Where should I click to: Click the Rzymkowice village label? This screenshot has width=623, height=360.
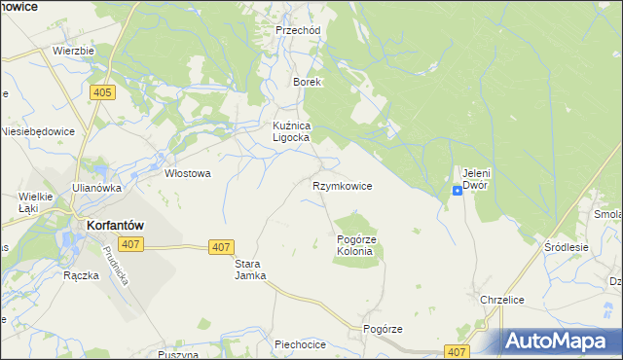point(342,185)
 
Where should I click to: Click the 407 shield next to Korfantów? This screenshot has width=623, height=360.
point(128,244)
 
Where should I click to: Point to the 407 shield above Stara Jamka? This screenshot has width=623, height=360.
point(221,248)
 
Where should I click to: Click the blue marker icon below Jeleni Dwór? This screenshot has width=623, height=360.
point(457,191)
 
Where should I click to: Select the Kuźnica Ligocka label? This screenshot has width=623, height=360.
point(290,132)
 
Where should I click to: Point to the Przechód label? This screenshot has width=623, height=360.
point(298,30)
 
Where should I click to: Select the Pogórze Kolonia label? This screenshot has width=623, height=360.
point(354,245)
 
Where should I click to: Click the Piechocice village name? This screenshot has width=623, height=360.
point(301,344)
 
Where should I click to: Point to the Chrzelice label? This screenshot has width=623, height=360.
point(502,300)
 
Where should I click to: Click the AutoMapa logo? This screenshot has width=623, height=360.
point(561,341)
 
